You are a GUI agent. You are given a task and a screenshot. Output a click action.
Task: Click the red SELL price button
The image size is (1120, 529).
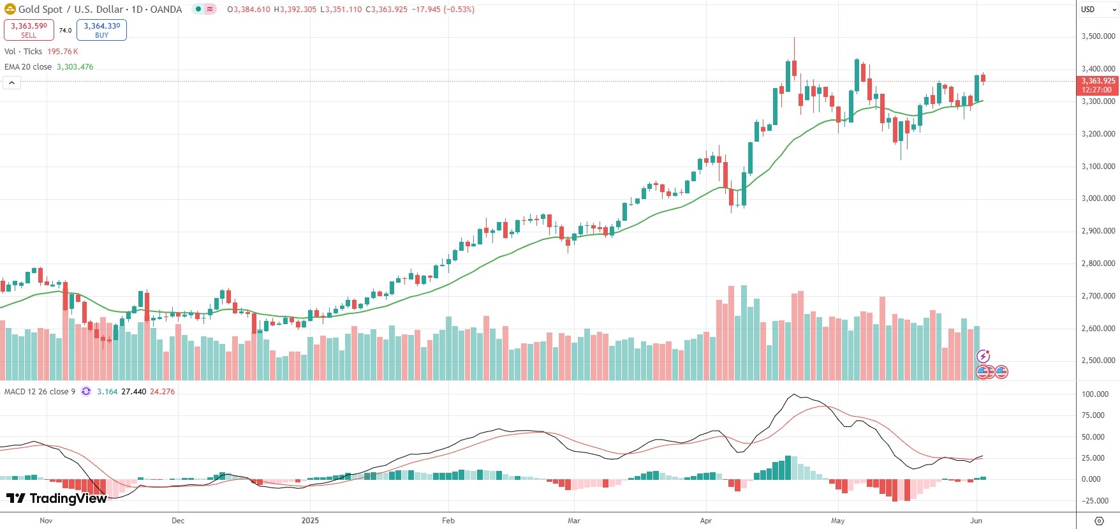click(x=29, y=29)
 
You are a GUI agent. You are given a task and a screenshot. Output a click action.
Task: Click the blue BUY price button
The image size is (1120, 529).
click(x=101, y=29)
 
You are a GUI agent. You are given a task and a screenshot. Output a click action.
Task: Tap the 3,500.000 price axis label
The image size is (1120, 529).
click(x=1098, y=36)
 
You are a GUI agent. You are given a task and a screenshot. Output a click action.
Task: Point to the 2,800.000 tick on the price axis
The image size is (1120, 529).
click(x=1098, y=264)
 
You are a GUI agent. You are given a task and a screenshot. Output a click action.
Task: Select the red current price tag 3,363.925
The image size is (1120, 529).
click(x=1098, y=81)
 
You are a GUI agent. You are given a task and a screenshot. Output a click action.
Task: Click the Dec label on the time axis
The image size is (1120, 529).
click(x=178, y=521)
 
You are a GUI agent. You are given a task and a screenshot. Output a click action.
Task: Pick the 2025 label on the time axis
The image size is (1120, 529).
click(x=310, y=521)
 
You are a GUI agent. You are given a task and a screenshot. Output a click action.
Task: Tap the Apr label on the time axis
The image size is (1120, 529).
click(x=705, y=521)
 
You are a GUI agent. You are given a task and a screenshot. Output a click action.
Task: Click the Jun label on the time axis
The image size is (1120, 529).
click(x=976, y=521)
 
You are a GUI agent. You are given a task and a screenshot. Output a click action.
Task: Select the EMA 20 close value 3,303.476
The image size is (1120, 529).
click(x=75, y=67)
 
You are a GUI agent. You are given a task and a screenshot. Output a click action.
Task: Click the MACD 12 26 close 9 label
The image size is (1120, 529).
click(x=40, y=392)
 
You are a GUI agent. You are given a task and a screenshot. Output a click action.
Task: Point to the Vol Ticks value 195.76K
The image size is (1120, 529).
click(x=63, y=52)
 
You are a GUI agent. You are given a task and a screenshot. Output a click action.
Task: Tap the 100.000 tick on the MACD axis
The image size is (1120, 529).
click(x=1095, y=394)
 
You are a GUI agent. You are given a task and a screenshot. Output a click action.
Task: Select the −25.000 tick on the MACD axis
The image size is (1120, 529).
click(x=1095, y=501)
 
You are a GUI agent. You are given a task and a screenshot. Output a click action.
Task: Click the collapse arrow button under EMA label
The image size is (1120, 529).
click(x=11, y=82)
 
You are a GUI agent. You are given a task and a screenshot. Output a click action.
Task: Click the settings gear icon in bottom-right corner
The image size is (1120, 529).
click(x=1099, y=521)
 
